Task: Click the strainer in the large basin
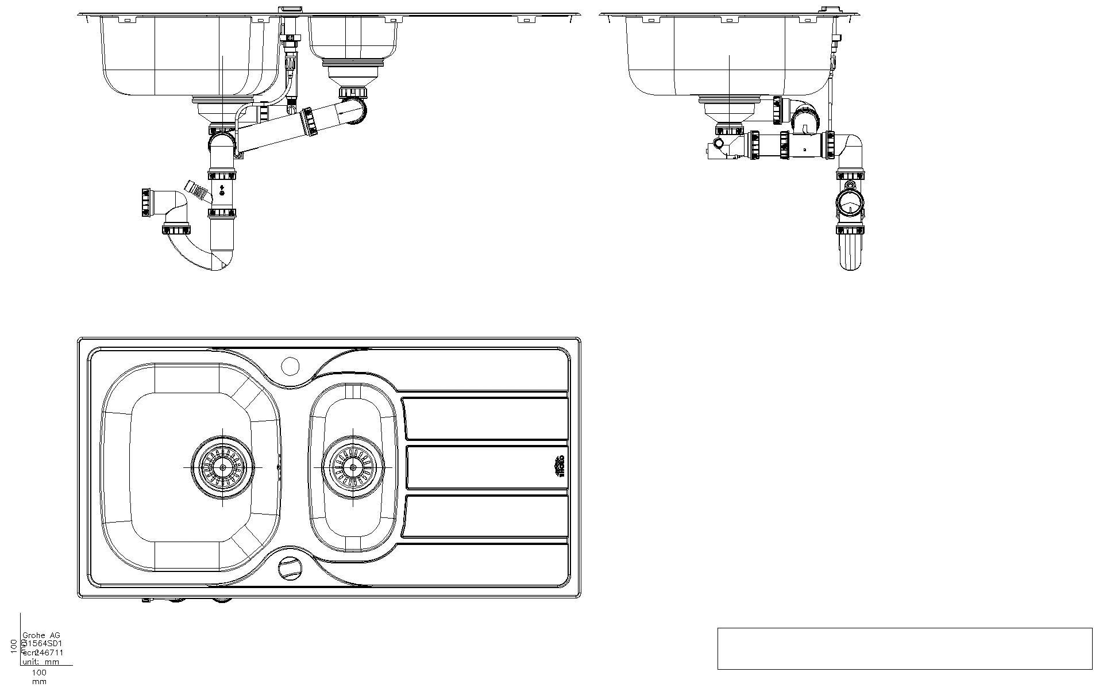coord(222,467)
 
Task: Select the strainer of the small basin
coord(352,467)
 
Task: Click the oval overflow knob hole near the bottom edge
coord(289,567)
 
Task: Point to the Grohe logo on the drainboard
coord(558,467)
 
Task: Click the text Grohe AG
coord(41,635)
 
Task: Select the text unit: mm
coord(41,662)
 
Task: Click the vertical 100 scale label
coord(14,646)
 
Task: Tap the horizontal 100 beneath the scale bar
coord(39,672)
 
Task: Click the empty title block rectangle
coord(904,648)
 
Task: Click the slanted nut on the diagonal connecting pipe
coord(309,121)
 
